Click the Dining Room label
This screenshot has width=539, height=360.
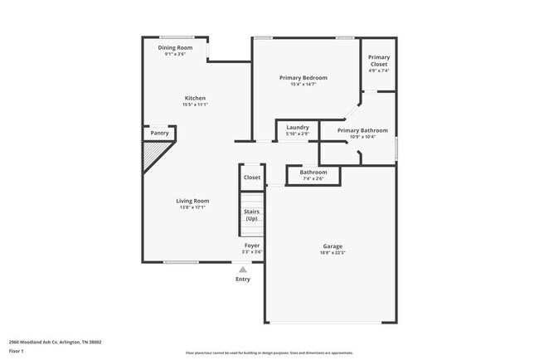(176, 47)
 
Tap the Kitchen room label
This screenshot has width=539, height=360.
(195, 98)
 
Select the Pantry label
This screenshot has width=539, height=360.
(160, 133)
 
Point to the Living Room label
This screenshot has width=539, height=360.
(192, 201)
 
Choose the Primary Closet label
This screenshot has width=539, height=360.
(379, 61)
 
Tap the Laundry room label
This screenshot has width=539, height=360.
(298, 127)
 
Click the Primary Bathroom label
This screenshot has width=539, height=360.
(362, 130)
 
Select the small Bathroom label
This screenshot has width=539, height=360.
(313, 173)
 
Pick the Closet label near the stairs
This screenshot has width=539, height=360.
(252, 177)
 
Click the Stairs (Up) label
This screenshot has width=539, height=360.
(251, 215)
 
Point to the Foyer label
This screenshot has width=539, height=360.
(252, 246)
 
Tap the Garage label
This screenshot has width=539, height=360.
(333, 246)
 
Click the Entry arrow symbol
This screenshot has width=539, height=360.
(242, 270)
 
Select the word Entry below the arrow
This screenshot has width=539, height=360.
(242, 280)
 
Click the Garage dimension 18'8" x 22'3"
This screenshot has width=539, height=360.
(333, 253)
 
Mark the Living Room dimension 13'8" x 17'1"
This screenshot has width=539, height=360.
(192, 207)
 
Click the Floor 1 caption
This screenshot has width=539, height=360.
(17, 351)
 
